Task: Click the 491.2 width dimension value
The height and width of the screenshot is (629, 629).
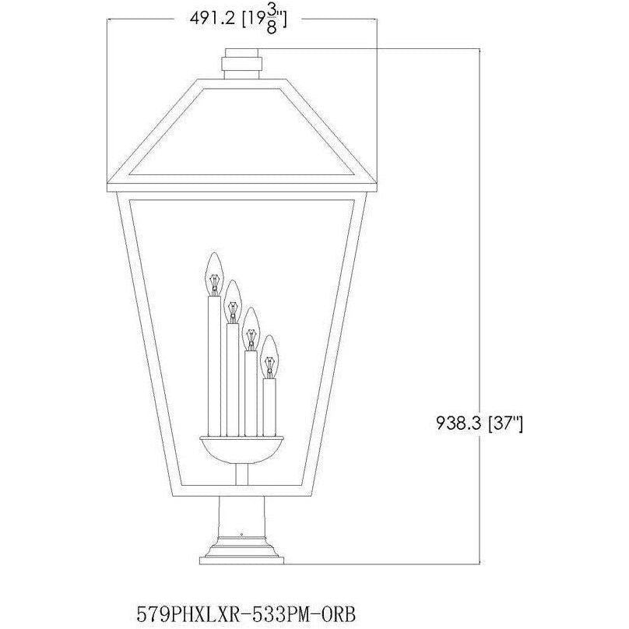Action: pyautogui.click(x=213, y=19)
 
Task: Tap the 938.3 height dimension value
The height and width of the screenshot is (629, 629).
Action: pyautogui.click(x=459, y=423)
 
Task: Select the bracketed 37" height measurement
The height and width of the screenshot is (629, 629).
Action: pyautogui.click(x=505, y=423)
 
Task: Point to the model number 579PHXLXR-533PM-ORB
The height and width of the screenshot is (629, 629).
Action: pyautogui.click(x=246, y=613)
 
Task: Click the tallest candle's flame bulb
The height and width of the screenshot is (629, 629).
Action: pyautogui.click(x=215, y=274)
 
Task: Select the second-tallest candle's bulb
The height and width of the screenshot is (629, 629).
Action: pyautogui.click(x=233, y=302)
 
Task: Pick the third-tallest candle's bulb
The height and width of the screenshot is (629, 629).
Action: pyautogui.click(x=251, y=329)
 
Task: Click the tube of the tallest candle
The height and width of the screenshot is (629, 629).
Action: pyautogui.click(x=215, y=366)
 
